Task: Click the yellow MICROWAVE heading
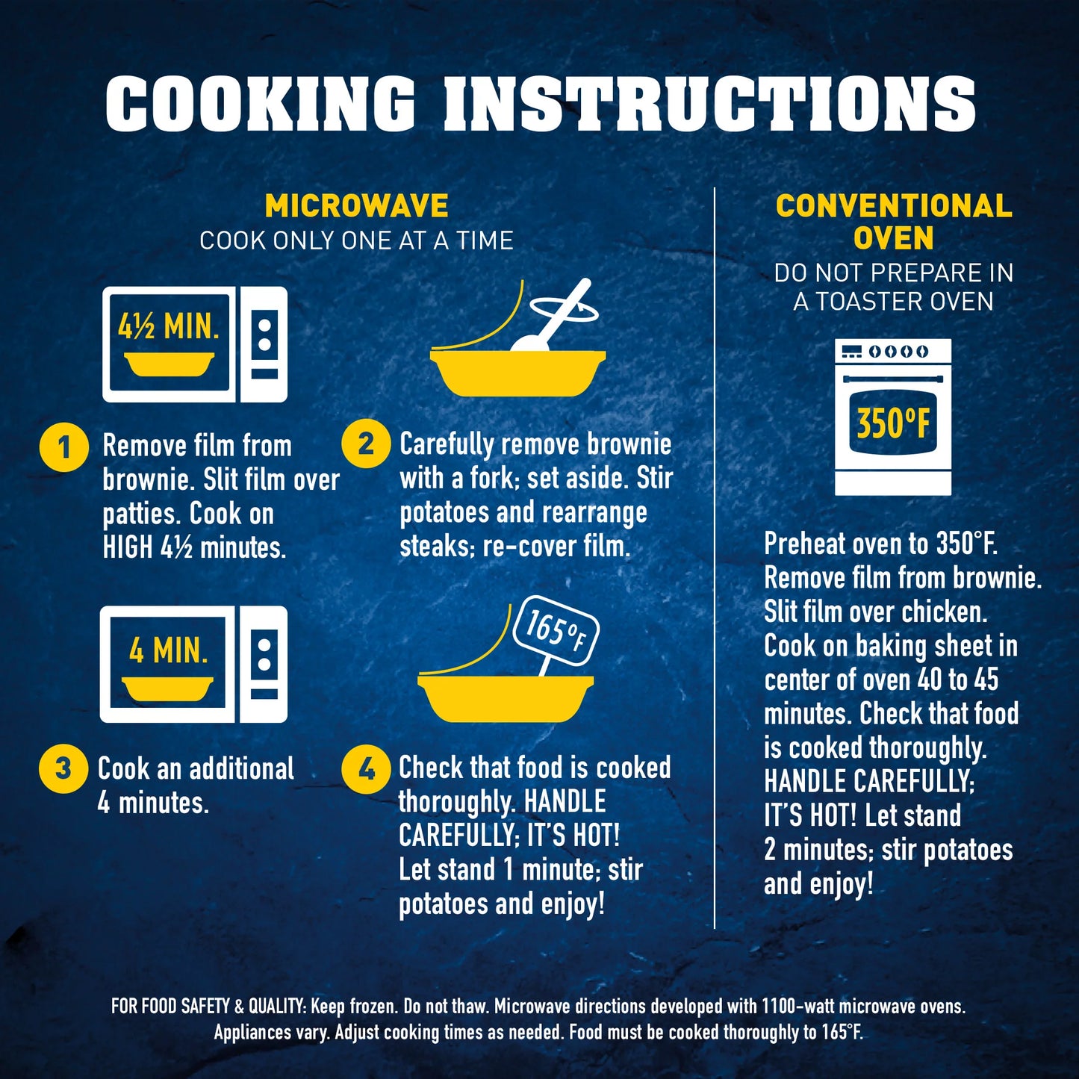point(357,205)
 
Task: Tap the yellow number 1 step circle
point(64,448)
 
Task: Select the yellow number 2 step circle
point(366,444)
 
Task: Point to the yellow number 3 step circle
point(63,768)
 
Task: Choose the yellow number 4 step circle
point(366,771)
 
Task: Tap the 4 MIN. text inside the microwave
point(169,650)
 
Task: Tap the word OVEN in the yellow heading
point(894,238)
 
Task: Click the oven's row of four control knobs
point(899,352)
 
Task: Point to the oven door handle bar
point(893,379)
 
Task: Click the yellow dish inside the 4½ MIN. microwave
point(169,364)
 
